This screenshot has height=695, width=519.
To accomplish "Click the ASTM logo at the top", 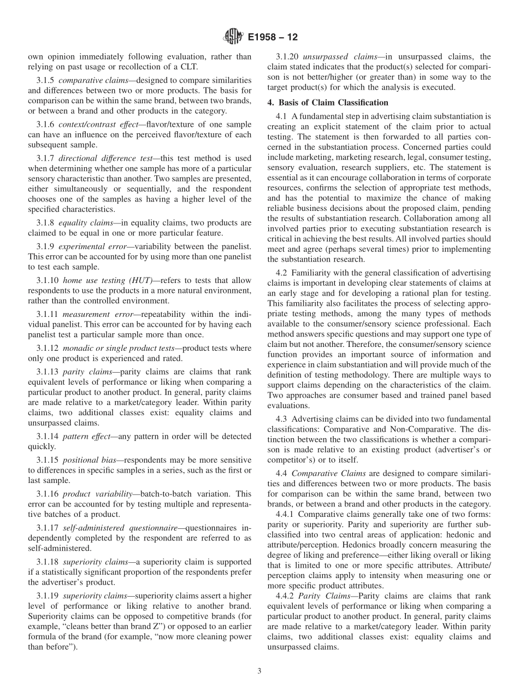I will click(x=233, y=37).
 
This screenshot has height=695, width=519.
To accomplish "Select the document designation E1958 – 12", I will click(x=273, y=38).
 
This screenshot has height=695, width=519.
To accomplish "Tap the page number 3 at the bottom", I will click(x=259, y=671).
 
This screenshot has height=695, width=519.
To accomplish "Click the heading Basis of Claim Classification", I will click(x=334, y=102).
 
